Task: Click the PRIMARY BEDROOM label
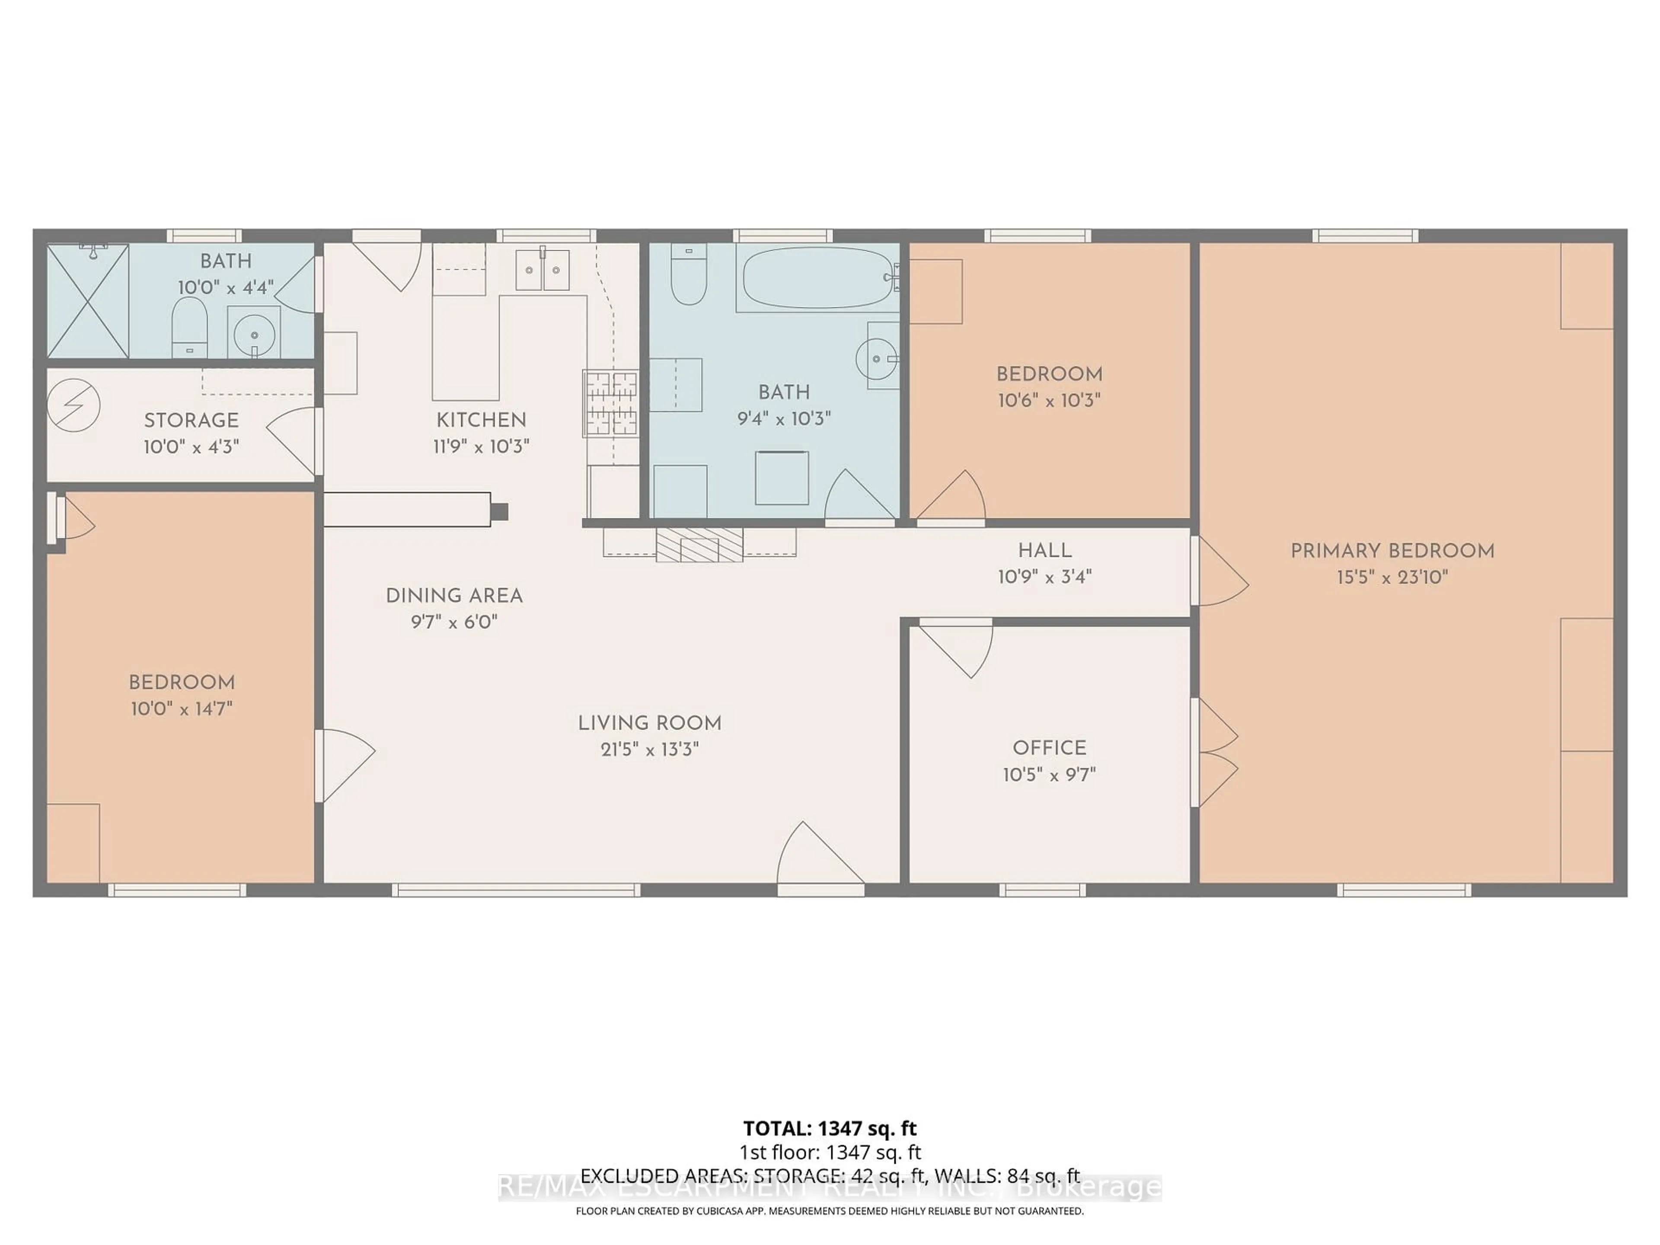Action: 1392,551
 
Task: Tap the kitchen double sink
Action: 543,270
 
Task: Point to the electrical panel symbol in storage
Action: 73,405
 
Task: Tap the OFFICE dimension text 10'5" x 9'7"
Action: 1049,775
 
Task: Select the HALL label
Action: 1044,551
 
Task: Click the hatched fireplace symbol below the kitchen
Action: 699,545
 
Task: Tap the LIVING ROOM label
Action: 649,723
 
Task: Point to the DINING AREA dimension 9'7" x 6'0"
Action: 454,622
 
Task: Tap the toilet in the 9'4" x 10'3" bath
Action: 688,274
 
